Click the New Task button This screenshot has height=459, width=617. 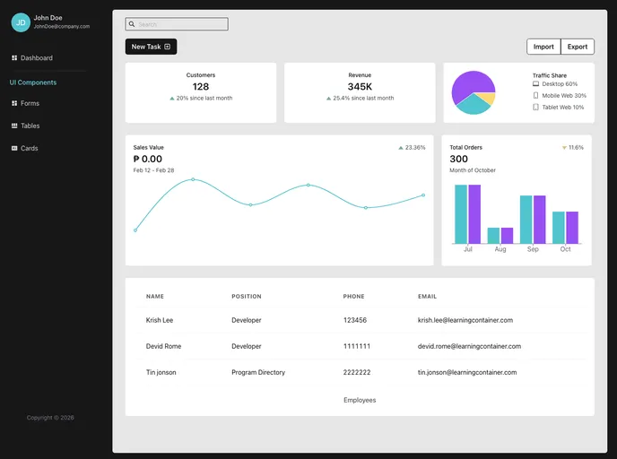coord(151,47)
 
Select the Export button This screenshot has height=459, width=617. coord(578,47)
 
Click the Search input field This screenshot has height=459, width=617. coord(177,24)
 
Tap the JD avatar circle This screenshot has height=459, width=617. coord(21,22)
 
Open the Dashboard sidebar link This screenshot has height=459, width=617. coord(36,58)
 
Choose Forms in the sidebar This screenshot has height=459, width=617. coord(30,103)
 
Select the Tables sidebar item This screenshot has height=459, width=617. coord(30,126)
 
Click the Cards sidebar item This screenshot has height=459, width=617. coord(29,148)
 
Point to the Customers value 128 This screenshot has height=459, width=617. coord(201,87)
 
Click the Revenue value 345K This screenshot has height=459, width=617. coord(360,87)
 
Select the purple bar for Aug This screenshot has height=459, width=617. coord(507,235)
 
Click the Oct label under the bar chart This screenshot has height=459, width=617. coord(565,249)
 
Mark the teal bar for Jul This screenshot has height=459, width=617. coord(461,213)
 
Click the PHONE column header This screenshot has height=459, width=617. coord(353,296)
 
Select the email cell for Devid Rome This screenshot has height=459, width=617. coord(469,346)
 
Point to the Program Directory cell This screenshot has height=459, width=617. coord(258,372)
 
